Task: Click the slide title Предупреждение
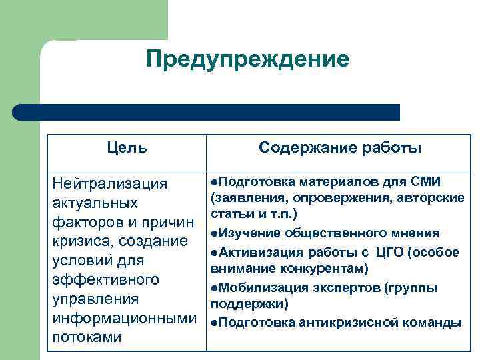[x=247, y=60]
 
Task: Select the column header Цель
[x=127, y=147]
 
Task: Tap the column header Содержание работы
[x=339, y=147]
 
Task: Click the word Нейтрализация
[x=109, y=183]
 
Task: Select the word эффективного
[x=105, y=279]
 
